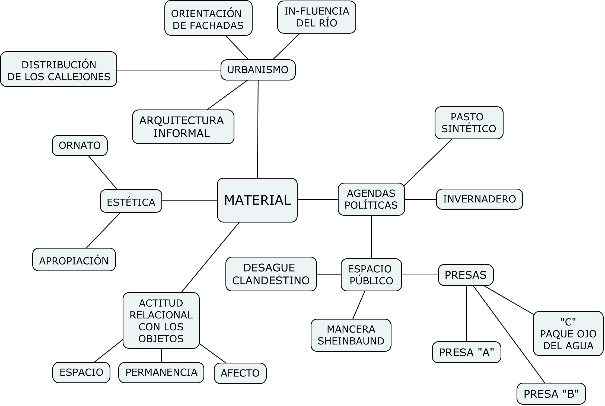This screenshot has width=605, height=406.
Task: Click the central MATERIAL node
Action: coord(257,200)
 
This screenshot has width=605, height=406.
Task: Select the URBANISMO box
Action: coord(258,70)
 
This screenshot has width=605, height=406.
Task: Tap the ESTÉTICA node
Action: coord(131,201)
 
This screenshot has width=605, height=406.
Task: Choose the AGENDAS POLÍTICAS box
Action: coord(371,199)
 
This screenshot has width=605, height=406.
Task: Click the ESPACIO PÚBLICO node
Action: coord(371,275)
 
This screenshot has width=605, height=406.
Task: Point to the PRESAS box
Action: coord(466,275)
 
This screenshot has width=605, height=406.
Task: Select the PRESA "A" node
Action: coord(466,352)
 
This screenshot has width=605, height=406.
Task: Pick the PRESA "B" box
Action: coord(551,394)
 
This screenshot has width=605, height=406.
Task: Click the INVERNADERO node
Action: coord(479,199)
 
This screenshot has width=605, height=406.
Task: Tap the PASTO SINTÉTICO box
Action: coord(469,123)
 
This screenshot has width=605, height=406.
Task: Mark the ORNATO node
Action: coord(80,146)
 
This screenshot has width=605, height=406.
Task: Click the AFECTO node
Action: coord(240,373)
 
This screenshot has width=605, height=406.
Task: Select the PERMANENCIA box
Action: coord(161,372)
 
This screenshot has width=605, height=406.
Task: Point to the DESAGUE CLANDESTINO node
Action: coord(271,274)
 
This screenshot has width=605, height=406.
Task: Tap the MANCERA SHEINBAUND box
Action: coord(351,335)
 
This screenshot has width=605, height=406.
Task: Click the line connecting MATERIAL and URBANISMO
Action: coord(258,130)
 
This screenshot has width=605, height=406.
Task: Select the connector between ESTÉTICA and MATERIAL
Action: coord(189,200)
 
